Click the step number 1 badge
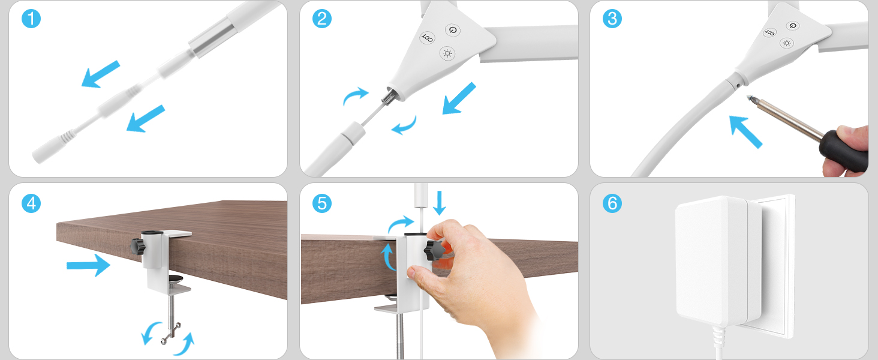point(31,19)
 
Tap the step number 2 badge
point(322,19)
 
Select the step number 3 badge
point(612,19)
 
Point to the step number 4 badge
point(31,203)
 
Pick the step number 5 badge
point(322,203)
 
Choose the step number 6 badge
point(612,203)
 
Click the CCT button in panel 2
point(427,38)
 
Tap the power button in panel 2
point(453,30)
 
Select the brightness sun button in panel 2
point(447,53)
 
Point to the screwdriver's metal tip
point(750,98)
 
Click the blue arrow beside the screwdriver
point(745,131)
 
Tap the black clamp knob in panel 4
point(138,247)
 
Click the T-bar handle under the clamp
point(172,334)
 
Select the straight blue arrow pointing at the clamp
point(89,265)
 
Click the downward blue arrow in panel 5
point(440,203)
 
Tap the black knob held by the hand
point(434,250)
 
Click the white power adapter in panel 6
point(718,261)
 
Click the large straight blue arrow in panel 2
point(459,98)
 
